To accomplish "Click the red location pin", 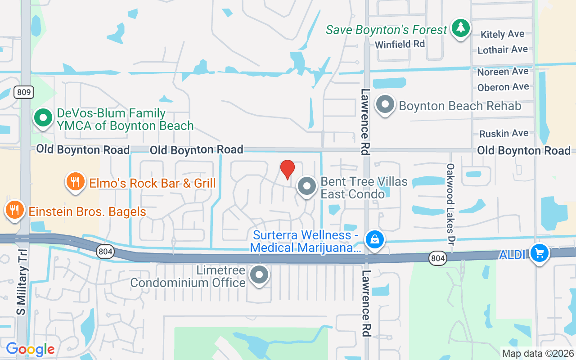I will pyautogui.click(x=287, y=169).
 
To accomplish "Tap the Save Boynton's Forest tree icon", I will pyautogui.click(x=460, y=28).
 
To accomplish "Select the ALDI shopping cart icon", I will pyautogui.click(x=539, y=253).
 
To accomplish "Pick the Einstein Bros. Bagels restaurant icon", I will pyautogui.click(x=15, y=210).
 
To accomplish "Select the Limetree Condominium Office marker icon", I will pyautogui.click(x=259, y=274).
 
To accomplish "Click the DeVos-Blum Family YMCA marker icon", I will pyautogui.click(x=43, y=118).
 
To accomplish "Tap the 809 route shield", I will pyautogui.click(x=23, y=93).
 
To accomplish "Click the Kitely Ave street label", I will pyautogui.click(x=502, y=34).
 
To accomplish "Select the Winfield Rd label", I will pyautogui.click(x=400, y=44).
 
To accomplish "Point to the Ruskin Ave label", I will pyautogui.click(x=504, y=133).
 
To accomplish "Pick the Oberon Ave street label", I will pyautogui.click(x=503, y=87).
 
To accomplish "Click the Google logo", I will pyautogui.click(x=31, y=349).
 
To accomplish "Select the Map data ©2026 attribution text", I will pyautogui.click(x=538, y=353).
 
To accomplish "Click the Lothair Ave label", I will pyautogui.click(x=502, y=49).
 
